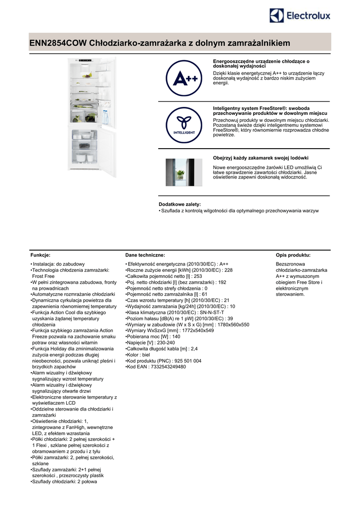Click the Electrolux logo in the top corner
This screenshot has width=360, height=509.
click(299, 16)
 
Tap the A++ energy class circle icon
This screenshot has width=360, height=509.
click(184, 78)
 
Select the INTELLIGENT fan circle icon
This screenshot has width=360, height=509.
click(184, 125)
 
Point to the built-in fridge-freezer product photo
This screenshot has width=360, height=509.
click(92, 117)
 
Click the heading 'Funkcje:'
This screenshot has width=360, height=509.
click(40, 254)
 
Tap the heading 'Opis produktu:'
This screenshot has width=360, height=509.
click(293, 254)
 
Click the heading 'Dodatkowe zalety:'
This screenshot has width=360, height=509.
click(180, 204)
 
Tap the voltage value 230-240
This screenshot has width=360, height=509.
click(165, 342)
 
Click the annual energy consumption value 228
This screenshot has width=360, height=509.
click(228, 270)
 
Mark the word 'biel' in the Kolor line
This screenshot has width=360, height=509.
click(147, 355)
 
